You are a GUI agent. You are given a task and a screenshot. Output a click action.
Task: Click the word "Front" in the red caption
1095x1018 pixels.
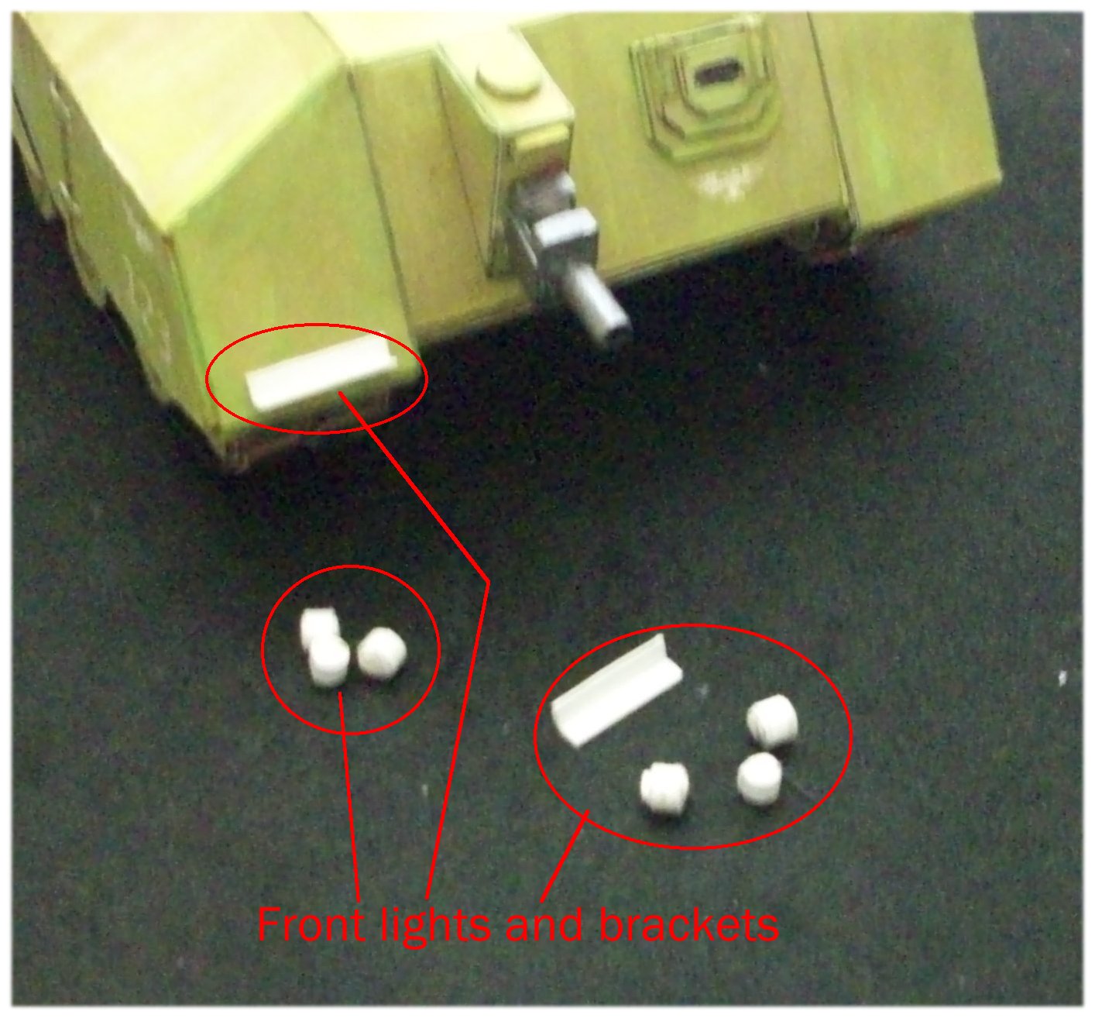pyautogui.click(x=311, y=924)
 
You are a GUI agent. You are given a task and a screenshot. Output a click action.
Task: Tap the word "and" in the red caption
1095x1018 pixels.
pyautogui.click(x=544, y=924)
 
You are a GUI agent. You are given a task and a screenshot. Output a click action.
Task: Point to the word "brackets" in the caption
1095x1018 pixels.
pyautogui.click(x=688, y=924)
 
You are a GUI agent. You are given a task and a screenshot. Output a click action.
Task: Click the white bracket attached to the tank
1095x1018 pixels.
pyautogui.click(x=321, y=371)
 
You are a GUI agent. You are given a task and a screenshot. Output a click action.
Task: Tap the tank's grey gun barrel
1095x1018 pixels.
pyautogui.click(x=601, y=306)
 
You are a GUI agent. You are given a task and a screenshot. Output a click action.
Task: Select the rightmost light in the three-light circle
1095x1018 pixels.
pyautogui.click(x=382, y=654)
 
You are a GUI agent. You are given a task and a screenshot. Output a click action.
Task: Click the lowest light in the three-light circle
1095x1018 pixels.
pyautogui.click(x=329, y=661)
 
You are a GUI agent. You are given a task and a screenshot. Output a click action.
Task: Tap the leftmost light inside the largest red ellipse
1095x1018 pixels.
pyautogui.click(x=664, y=789)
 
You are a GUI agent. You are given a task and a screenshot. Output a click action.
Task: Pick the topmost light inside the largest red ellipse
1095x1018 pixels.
pyautogui.click(x=772, y=721)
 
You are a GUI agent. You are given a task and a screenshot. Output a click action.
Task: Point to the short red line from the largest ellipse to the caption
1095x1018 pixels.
pyautogui.click(x=565, y=856)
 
